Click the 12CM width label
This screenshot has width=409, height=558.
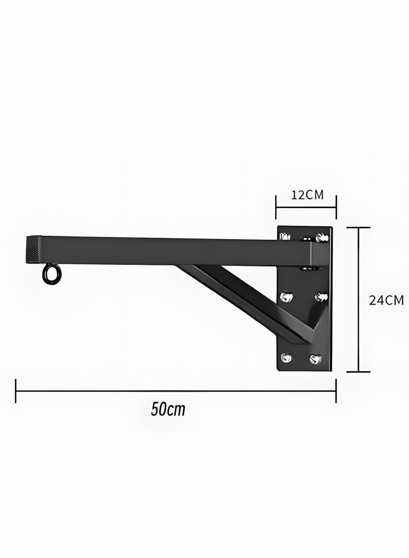(307, 195)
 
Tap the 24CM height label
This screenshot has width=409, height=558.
(386, 300)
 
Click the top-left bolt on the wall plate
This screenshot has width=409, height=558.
(285, 236)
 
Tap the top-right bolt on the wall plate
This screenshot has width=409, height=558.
(322, 237)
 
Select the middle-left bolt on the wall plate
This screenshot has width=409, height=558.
(287, 296)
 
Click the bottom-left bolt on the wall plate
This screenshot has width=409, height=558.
(286, 358)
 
